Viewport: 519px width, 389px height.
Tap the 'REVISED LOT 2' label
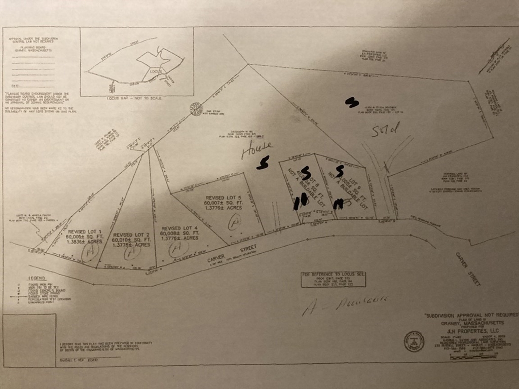pyautogui.click(x=131, y=235)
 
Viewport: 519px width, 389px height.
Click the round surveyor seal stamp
pyautogui.click(x=414, y=341)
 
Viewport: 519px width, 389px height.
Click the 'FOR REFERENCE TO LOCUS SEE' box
pyautogui.click(x=333, y=280)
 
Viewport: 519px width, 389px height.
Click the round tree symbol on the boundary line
pyautogui.click(x=195, y=109)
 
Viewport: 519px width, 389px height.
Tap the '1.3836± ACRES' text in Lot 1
pyautogui.click(x=84, y=241)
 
